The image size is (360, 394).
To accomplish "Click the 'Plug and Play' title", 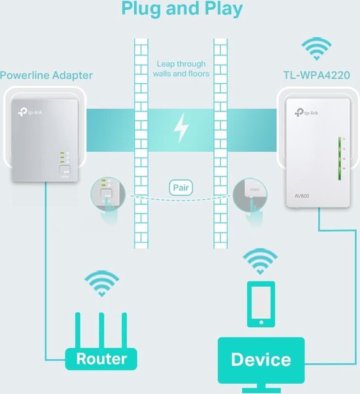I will [x=180, y=9].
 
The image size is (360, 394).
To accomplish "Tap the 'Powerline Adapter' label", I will [x=46, y=75].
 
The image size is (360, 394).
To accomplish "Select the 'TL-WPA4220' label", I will [x=315, y=75].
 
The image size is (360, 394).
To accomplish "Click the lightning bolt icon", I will [x=180, y=128].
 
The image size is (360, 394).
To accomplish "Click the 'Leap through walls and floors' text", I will [x=181, y=69].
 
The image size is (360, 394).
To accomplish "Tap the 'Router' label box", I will [x=101, y=359].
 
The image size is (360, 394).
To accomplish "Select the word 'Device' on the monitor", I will [x=261, y=359].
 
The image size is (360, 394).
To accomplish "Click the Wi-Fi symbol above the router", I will [x=102, y=284].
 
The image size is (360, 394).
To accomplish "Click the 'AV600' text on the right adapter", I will [x=302, y=195].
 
